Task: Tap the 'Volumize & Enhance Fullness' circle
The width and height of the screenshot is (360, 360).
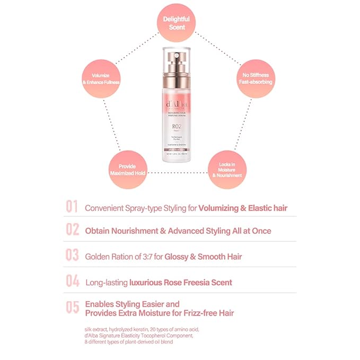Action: click(101, 79)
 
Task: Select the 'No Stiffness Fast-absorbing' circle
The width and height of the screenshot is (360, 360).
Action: click(254, 79)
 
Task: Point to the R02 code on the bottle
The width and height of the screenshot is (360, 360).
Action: click(178, 128)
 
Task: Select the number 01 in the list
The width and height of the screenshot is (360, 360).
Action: click(73, 207)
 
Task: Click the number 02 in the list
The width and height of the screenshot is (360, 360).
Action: click(73, 230)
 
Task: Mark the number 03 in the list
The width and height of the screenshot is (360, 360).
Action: click(73, 255)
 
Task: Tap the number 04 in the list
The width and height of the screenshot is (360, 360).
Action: click(73, 282)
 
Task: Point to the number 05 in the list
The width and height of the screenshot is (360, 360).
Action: click(73, 308)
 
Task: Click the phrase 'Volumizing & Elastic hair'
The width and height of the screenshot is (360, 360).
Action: click(243, 208)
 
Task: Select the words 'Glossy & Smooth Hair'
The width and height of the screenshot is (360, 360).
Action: click(203, 257)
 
